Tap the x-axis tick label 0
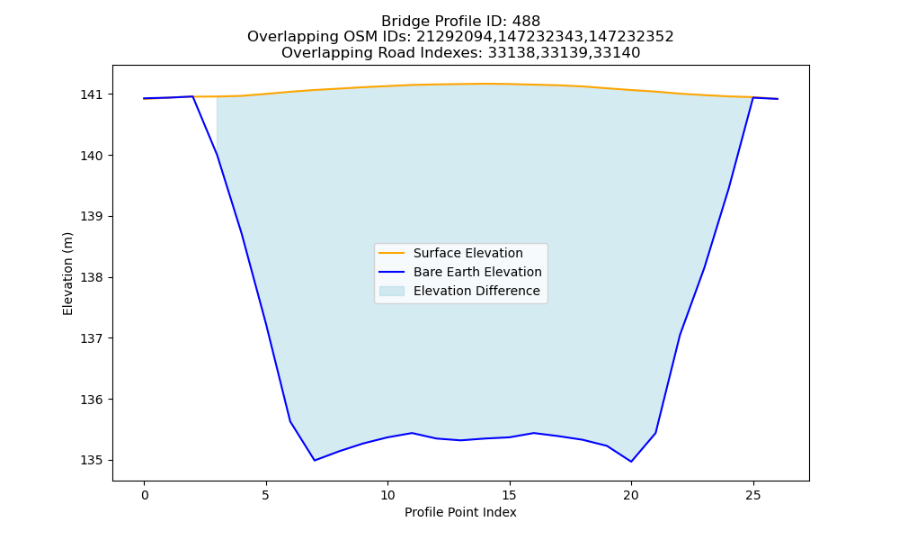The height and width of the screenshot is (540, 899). [x=145, y=495]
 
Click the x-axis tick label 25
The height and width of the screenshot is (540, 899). [x=753, y=495]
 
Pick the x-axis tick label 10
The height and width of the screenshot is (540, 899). [x=387, y=495]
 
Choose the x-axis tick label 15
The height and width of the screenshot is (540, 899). [x=509, y=495]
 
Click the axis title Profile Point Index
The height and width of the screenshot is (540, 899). [x=460, y=512]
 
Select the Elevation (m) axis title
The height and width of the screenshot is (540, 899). [x=67, y=274]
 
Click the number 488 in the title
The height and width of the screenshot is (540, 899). [x=526, y=22]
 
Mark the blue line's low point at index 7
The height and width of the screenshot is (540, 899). [x=315, y=460]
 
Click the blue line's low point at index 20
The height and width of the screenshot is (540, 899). [x=631, y=462]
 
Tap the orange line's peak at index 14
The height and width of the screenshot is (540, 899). [x=485, y=84]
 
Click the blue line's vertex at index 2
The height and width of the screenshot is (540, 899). [x=192, y=96]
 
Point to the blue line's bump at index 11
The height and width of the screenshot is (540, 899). [x=413, y=433]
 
